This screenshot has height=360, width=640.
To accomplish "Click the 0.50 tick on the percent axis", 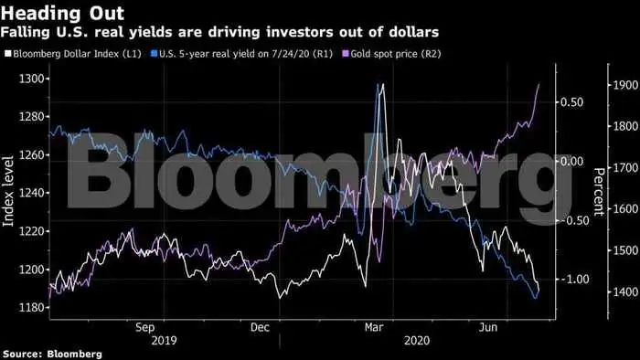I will tap(571, 102).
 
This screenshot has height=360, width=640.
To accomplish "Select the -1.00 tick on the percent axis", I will tap(570, 280).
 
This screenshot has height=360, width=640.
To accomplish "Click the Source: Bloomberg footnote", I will tap(51, 353).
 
